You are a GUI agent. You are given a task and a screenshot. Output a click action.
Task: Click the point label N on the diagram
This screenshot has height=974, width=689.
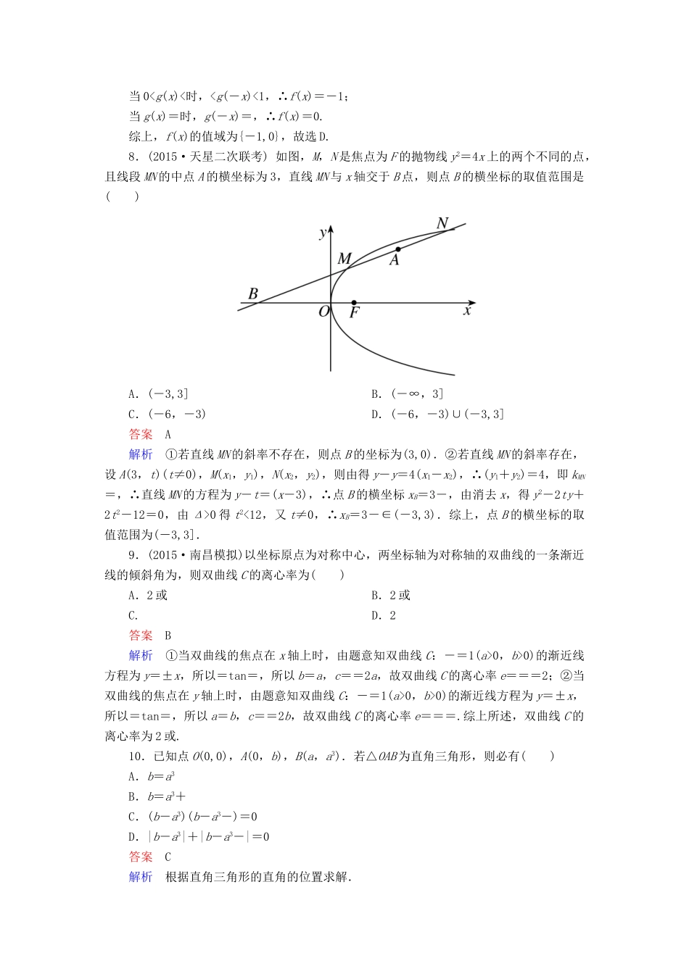click(442, 223)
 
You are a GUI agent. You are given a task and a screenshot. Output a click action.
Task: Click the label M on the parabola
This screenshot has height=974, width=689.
click(344, 259)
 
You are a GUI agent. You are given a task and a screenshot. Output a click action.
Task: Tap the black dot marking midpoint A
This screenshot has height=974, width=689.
click(398, 249)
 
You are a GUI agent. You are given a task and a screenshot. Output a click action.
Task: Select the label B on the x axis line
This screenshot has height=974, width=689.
click(253, 294)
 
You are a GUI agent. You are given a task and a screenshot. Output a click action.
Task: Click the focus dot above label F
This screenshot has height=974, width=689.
click(354, 303)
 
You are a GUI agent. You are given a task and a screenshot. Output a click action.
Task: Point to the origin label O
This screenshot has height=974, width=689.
click(324, 312)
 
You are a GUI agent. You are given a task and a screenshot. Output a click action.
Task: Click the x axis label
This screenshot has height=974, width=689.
click(467, 311)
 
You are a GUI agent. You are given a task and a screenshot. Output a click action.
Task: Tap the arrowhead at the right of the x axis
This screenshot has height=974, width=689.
click(472, 303)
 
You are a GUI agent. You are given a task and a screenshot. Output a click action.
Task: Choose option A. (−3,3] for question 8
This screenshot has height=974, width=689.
click(158, 394)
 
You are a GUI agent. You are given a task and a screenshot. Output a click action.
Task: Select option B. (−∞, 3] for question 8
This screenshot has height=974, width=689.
click(407, 394)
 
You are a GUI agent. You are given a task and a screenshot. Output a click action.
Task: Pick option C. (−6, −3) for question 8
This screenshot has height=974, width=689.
click(167, 415)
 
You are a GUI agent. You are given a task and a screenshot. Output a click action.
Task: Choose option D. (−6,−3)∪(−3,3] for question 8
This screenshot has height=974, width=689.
click(437, 415)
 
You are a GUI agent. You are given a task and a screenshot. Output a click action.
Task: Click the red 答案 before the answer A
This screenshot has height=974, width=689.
click(141, 435)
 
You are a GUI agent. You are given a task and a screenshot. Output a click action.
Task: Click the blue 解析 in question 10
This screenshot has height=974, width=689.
click(141, 877)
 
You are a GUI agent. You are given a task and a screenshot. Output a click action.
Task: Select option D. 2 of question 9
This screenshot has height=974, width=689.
click(384, 616)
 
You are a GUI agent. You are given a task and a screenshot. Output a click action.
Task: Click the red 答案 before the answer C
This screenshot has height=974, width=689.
click(141, 857)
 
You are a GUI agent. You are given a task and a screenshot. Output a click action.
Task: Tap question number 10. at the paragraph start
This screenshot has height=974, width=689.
click(136, 757)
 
